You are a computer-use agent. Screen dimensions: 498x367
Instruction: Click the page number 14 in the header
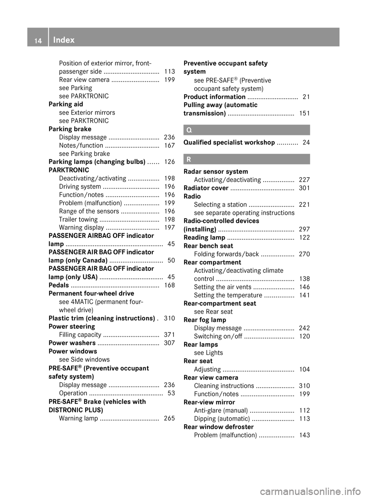[38, 40]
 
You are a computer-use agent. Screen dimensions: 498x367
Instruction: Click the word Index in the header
[64, 40]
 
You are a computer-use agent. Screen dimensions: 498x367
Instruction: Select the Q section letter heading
[189, 130]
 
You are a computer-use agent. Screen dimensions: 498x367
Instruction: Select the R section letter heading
[189, 159]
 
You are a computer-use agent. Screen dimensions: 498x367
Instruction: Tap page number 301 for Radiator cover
[304, 188]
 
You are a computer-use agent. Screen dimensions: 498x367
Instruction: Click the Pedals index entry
[59, 285]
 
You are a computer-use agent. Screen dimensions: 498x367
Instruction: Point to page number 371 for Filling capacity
[169, 335]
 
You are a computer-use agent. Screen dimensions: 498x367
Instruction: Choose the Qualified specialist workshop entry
[229, 142]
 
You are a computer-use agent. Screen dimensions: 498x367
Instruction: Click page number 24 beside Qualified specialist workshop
[306, 142]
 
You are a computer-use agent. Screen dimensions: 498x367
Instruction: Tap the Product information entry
[214, 97]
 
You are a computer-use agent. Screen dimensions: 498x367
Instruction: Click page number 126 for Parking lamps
[169, 162]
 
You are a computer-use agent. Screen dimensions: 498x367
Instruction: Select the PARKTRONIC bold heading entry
[69, 170]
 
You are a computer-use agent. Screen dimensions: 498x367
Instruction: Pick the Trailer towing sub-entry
[78, 220]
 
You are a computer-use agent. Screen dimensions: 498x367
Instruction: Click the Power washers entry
[72, 343]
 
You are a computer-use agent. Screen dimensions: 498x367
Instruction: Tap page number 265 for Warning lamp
[169, 418]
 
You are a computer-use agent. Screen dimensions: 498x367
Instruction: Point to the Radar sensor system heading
[216, 171]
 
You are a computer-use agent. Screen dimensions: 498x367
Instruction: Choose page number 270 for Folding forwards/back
[304, 254]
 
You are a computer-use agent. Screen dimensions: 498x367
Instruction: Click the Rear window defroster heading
[218, 427]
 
